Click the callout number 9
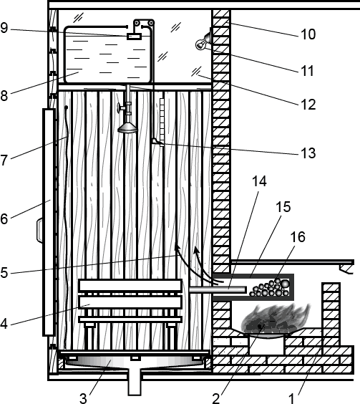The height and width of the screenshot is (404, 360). (x=4, y=28)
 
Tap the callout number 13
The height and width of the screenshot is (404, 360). (x=308, y=153)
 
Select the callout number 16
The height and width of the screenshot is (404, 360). (x=298, y=237)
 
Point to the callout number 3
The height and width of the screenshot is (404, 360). (x=83, y=398)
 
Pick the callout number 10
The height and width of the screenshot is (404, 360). (x=308, y=34)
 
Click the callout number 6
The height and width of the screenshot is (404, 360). (x=4, y=218)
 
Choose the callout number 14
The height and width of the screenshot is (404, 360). (x=259, y=181)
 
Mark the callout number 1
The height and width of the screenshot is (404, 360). (x=291, y=398)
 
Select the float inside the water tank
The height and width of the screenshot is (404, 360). (x=134, y=37)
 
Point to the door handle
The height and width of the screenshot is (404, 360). (x=39, y=231)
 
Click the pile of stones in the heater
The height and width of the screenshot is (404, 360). (x=270, y=289)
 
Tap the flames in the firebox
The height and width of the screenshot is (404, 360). (x=274, y=319)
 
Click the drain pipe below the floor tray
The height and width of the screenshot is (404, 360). (x=135, y=382)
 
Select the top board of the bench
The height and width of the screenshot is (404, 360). (x=130, y=286)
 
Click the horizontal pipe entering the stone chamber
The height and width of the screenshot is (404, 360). (x=218, y=289)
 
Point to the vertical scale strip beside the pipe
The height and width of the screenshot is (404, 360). (x=162, y=122)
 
